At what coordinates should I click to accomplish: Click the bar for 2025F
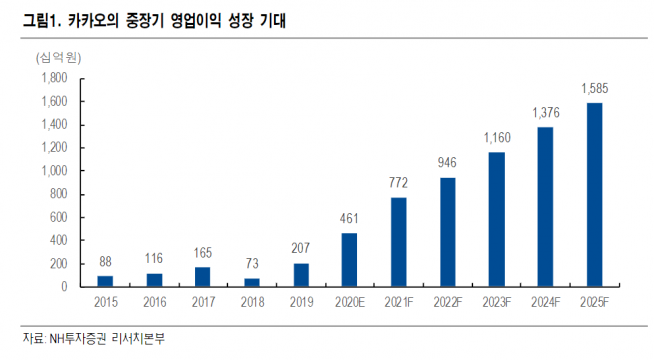(x=594, y=194)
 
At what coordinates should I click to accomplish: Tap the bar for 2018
(x=251, y=282)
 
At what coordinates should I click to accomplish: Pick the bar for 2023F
(x=496, y=219)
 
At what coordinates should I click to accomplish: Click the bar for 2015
(x=105, y=281)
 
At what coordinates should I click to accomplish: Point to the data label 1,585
(x=594, y=89)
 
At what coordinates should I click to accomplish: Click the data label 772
(x=398, y=183)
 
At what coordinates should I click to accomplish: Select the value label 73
(x=251, y=264)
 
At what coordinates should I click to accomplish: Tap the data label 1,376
(x=545, y=113)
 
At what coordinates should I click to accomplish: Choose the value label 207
(x=300, y=248)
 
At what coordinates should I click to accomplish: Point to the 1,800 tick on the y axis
(x=53, y=78)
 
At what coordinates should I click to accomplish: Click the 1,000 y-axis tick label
(x=53, y=171)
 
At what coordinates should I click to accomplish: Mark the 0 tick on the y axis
(x=63, y=287)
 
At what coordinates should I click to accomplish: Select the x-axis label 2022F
(x=447, y=301)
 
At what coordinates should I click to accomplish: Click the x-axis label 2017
(x=202, y=301)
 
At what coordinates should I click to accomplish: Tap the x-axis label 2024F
(x=545, y=301)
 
